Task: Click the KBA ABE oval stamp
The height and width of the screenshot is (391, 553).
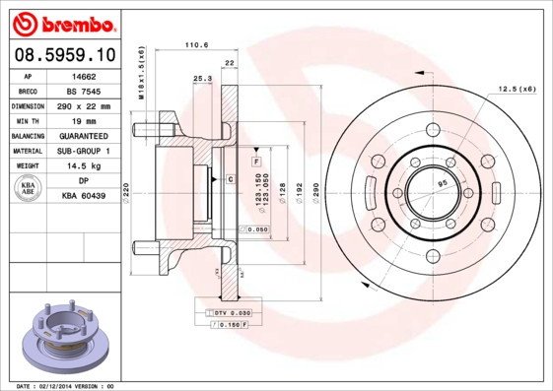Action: (29, 188)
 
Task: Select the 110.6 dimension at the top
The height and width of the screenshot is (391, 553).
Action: (197, 44)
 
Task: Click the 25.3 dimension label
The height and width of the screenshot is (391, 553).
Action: (202, 78)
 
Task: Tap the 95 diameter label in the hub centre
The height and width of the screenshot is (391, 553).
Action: (442, 184)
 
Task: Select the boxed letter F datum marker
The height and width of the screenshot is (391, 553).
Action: (254, 160)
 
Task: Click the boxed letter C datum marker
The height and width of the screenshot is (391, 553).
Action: (230, 178)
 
